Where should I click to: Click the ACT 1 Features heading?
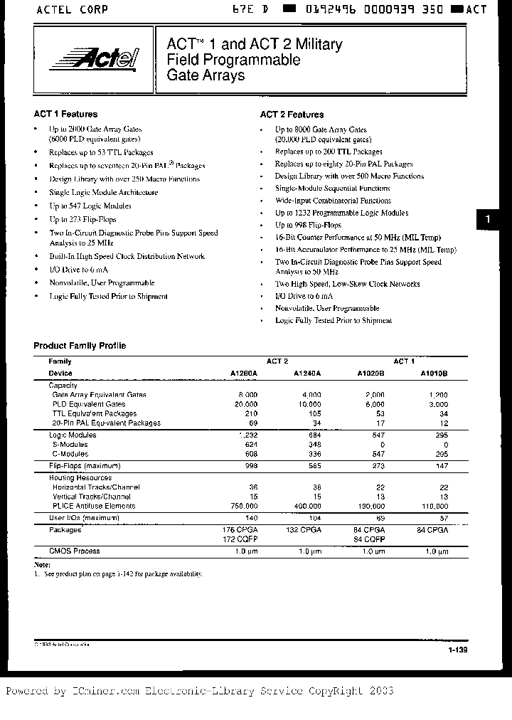click(65, 114)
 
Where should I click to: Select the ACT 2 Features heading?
click(292, 115)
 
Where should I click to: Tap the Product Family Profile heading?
click(80, 346)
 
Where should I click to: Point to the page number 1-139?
click(458, 650)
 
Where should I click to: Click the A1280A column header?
click(243, 373)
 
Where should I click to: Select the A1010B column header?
click(434, 373)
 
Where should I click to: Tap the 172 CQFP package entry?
click(241, 539)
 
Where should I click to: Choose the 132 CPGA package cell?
click(304, 530)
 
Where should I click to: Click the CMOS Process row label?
click(74, 551)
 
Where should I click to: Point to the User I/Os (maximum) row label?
click(80, 519)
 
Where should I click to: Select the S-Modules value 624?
click(250, 444)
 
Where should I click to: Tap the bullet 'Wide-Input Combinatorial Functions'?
click(333, 201)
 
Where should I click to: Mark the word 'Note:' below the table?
click(43, 564)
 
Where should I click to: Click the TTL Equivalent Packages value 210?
click(250, 413)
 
